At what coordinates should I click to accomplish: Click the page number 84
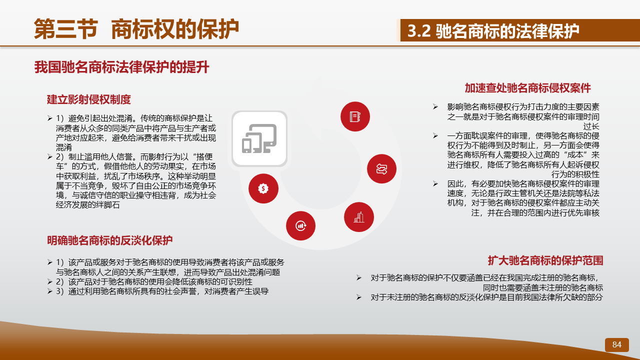616,344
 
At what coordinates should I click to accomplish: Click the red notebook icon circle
355,116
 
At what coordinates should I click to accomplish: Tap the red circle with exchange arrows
381,169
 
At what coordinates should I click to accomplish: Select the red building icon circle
359,217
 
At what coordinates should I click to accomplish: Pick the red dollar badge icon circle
263,188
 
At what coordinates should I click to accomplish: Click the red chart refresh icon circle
300,225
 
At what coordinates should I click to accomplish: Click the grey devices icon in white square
259,138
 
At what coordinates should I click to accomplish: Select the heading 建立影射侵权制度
89,99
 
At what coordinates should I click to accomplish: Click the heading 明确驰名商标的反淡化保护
109,240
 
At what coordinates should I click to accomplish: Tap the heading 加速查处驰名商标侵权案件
527,88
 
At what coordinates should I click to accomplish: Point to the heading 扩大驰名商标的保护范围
545,260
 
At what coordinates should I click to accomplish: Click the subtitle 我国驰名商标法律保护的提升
121,67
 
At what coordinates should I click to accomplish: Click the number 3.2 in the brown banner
419,31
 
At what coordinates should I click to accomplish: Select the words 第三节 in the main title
66,29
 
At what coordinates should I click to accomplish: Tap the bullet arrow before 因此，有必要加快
435,183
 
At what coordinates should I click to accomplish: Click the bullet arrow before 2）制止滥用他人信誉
50,156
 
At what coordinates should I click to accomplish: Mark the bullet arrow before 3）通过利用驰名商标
50,291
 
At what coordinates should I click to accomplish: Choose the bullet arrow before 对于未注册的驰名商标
359,297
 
